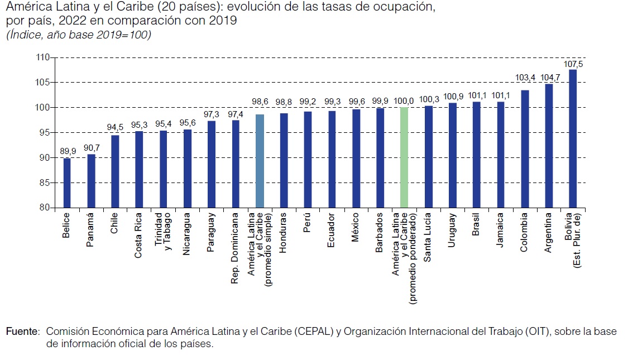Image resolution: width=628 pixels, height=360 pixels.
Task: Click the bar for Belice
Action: (x=67, y=183)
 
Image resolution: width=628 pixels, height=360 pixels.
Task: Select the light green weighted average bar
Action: (x=404, y=157)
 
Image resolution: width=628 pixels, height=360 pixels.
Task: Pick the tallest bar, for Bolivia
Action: (x=573, y=138)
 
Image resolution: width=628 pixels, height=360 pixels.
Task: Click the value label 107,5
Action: (x=573, y=64)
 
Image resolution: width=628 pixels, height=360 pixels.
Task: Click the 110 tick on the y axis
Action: (x=44, y=57)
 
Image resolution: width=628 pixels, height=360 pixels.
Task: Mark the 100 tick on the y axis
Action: (x=44, y=108)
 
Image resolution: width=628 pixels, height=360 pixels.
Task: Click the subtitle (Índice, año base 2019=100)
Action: (x=78, y=35)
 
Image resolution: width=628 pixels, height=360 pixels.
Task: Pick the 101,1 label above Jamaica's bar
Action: (x=501, y=96)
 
